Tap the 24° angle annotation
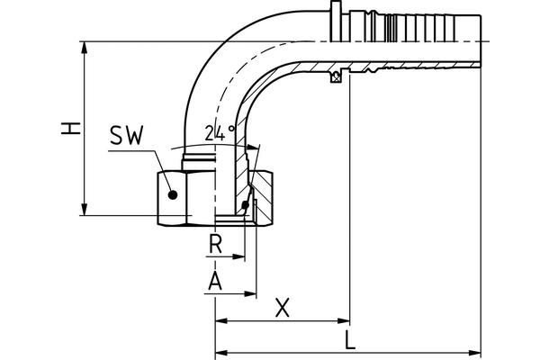click(x=219, y=132)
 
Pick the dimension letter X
click(x=283, y=308)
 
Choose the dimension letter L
click(x=349, y=340)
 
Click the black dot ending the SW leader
click(x=171, y=192)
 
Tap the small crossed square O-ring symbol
click(x=336, y=78)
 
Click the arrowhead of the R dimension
click(x=240, y=256)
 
